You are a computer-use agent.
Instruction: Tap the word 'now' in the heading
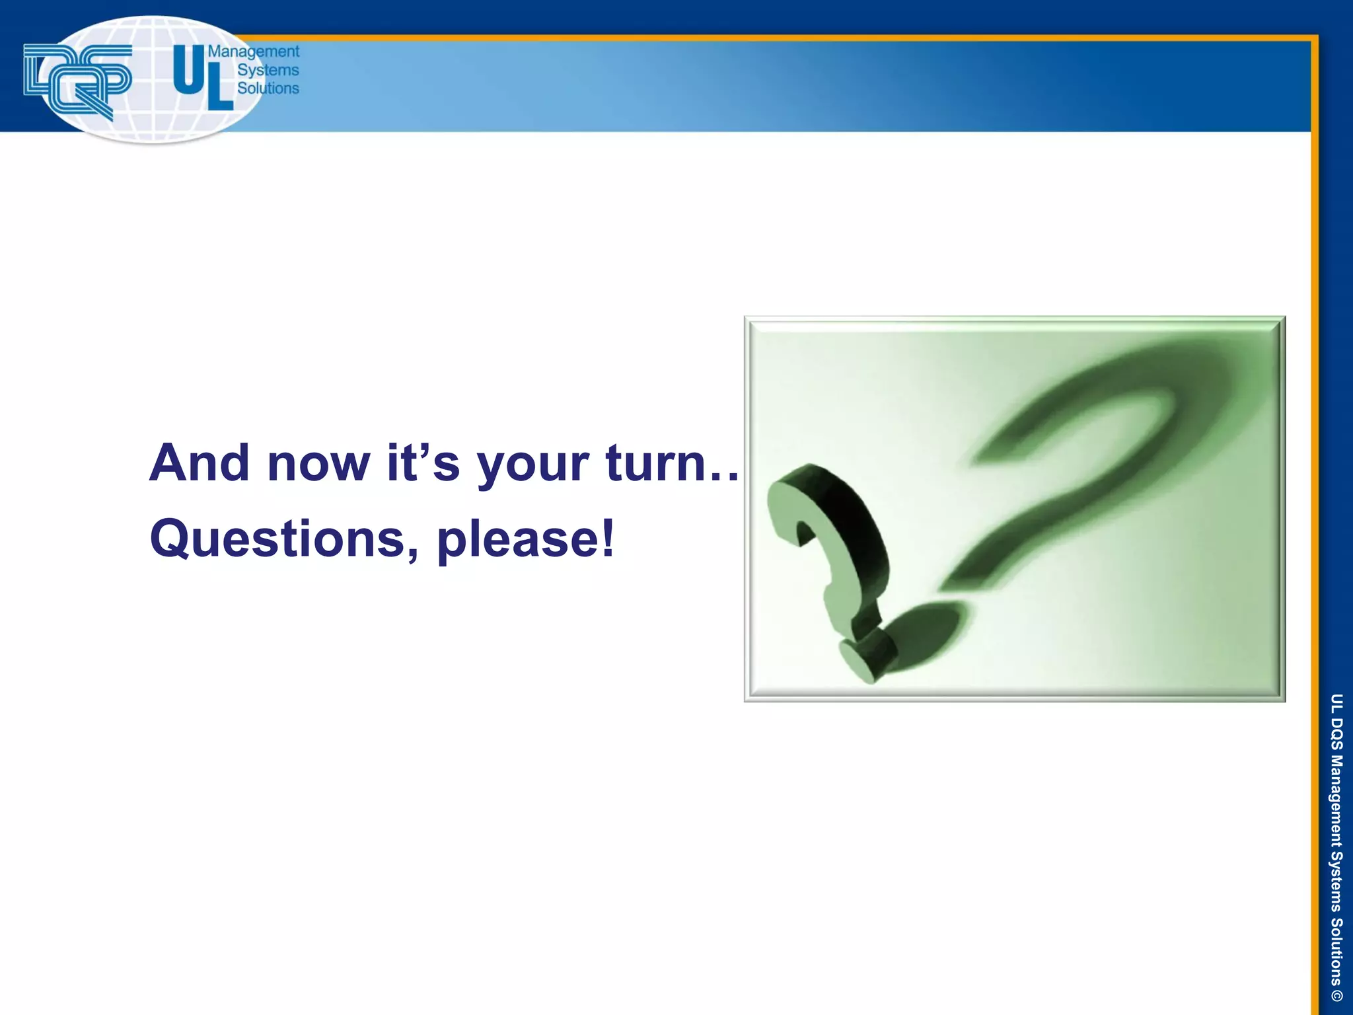tap(318, 464)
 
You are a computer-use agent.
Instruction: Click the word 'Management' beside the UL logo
tap(254, 52)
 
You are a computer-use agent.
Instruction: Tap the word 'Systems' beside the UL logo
tap(268, 70)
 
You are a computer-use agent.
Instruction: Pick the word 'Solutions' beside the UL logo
tap(268, 88)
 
